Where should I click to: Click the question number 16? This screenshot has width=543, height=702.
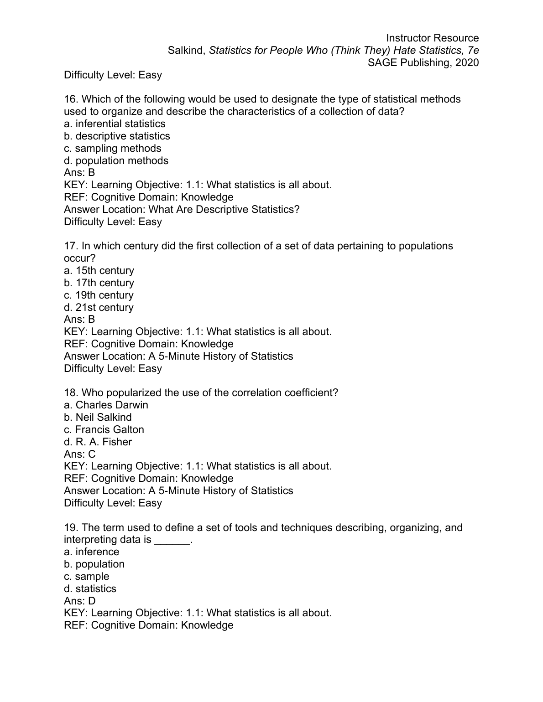pyautogui.click(x=71, y=99)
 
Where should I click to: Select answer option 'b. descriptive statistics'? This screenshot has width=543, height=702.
pyautogui.click(x=117, y=136)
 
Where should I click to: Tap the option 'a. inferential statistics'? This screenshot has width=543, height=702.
pyautogui.click(x=115, y=124)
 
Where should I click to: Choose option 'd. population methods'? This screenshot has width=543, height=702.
pyautogui.click(x=116, y=161)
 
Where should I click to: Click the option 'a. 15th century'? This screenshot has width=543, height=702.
pyautogui.click(x=99, y=271)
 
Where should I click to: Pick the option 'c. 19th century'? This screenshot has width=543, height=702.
pyautogui.click(x=99, y=295)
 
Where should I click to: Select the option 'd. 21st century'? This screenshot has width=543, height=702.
pyautogui.click(x=99, y=308)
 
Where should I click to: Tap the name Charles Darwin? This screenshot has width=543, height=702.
pyautogui.click(x=112, y=405)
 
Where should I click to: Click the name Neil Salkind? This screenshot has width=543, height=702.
pyautogui.click(x=104, y=418)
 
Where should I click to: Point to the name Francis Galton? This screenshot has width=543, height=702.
pyautogui.click(x=110, y=430)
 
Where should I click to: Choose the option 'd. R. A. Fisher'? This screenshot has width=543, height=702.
pyautogui.click(x=98, y=442)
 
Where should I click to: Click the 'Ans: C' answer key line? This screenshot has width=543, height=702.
pyautogui.click(x=80, y=454)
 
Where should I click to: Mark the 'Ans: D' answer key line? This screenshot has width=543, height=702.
pyautogui.click(x=80, y=601)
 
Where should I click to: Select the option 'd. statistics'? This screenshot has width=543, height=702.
pyautogui.click(x=90, y=589)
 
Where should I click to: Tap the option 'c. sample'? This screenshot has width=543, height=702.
pyautogui.click(x=87, y=577)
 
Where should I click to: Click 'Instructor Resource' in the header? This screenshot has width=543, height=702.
pyautogui.click(x=432, y=38)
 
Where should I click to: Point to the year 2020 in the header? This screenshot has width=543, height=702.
pyautogui.click(x=467, y=63)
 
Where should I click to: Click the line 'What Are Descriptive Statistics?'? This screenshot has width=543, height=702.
pyautogui.click(x=224, y=210)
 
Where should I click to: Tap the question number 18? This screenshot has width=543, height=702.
pyautogui.click(x=71, y=393)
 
